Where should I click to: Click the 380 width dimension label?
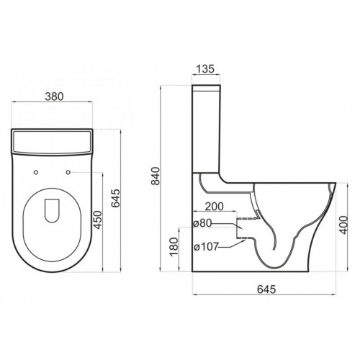coord(54,96)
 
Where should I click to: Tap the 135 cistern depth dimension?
coord(205,69)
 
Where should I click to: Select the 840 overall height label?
coord(156,176)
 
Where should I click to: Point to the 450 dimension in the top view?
coord(98,220)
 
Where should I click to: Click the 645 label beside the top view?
coord(116,198)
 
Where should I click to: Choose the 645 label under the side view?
coord(266,289)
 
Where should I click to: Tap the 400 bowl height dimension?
coord(343,225)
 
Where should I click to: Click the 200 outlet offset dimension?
coord(215,207)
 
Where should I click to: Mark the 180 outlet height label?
coord(174,247)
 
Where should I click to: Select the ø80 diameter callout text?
coord(203,223)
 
